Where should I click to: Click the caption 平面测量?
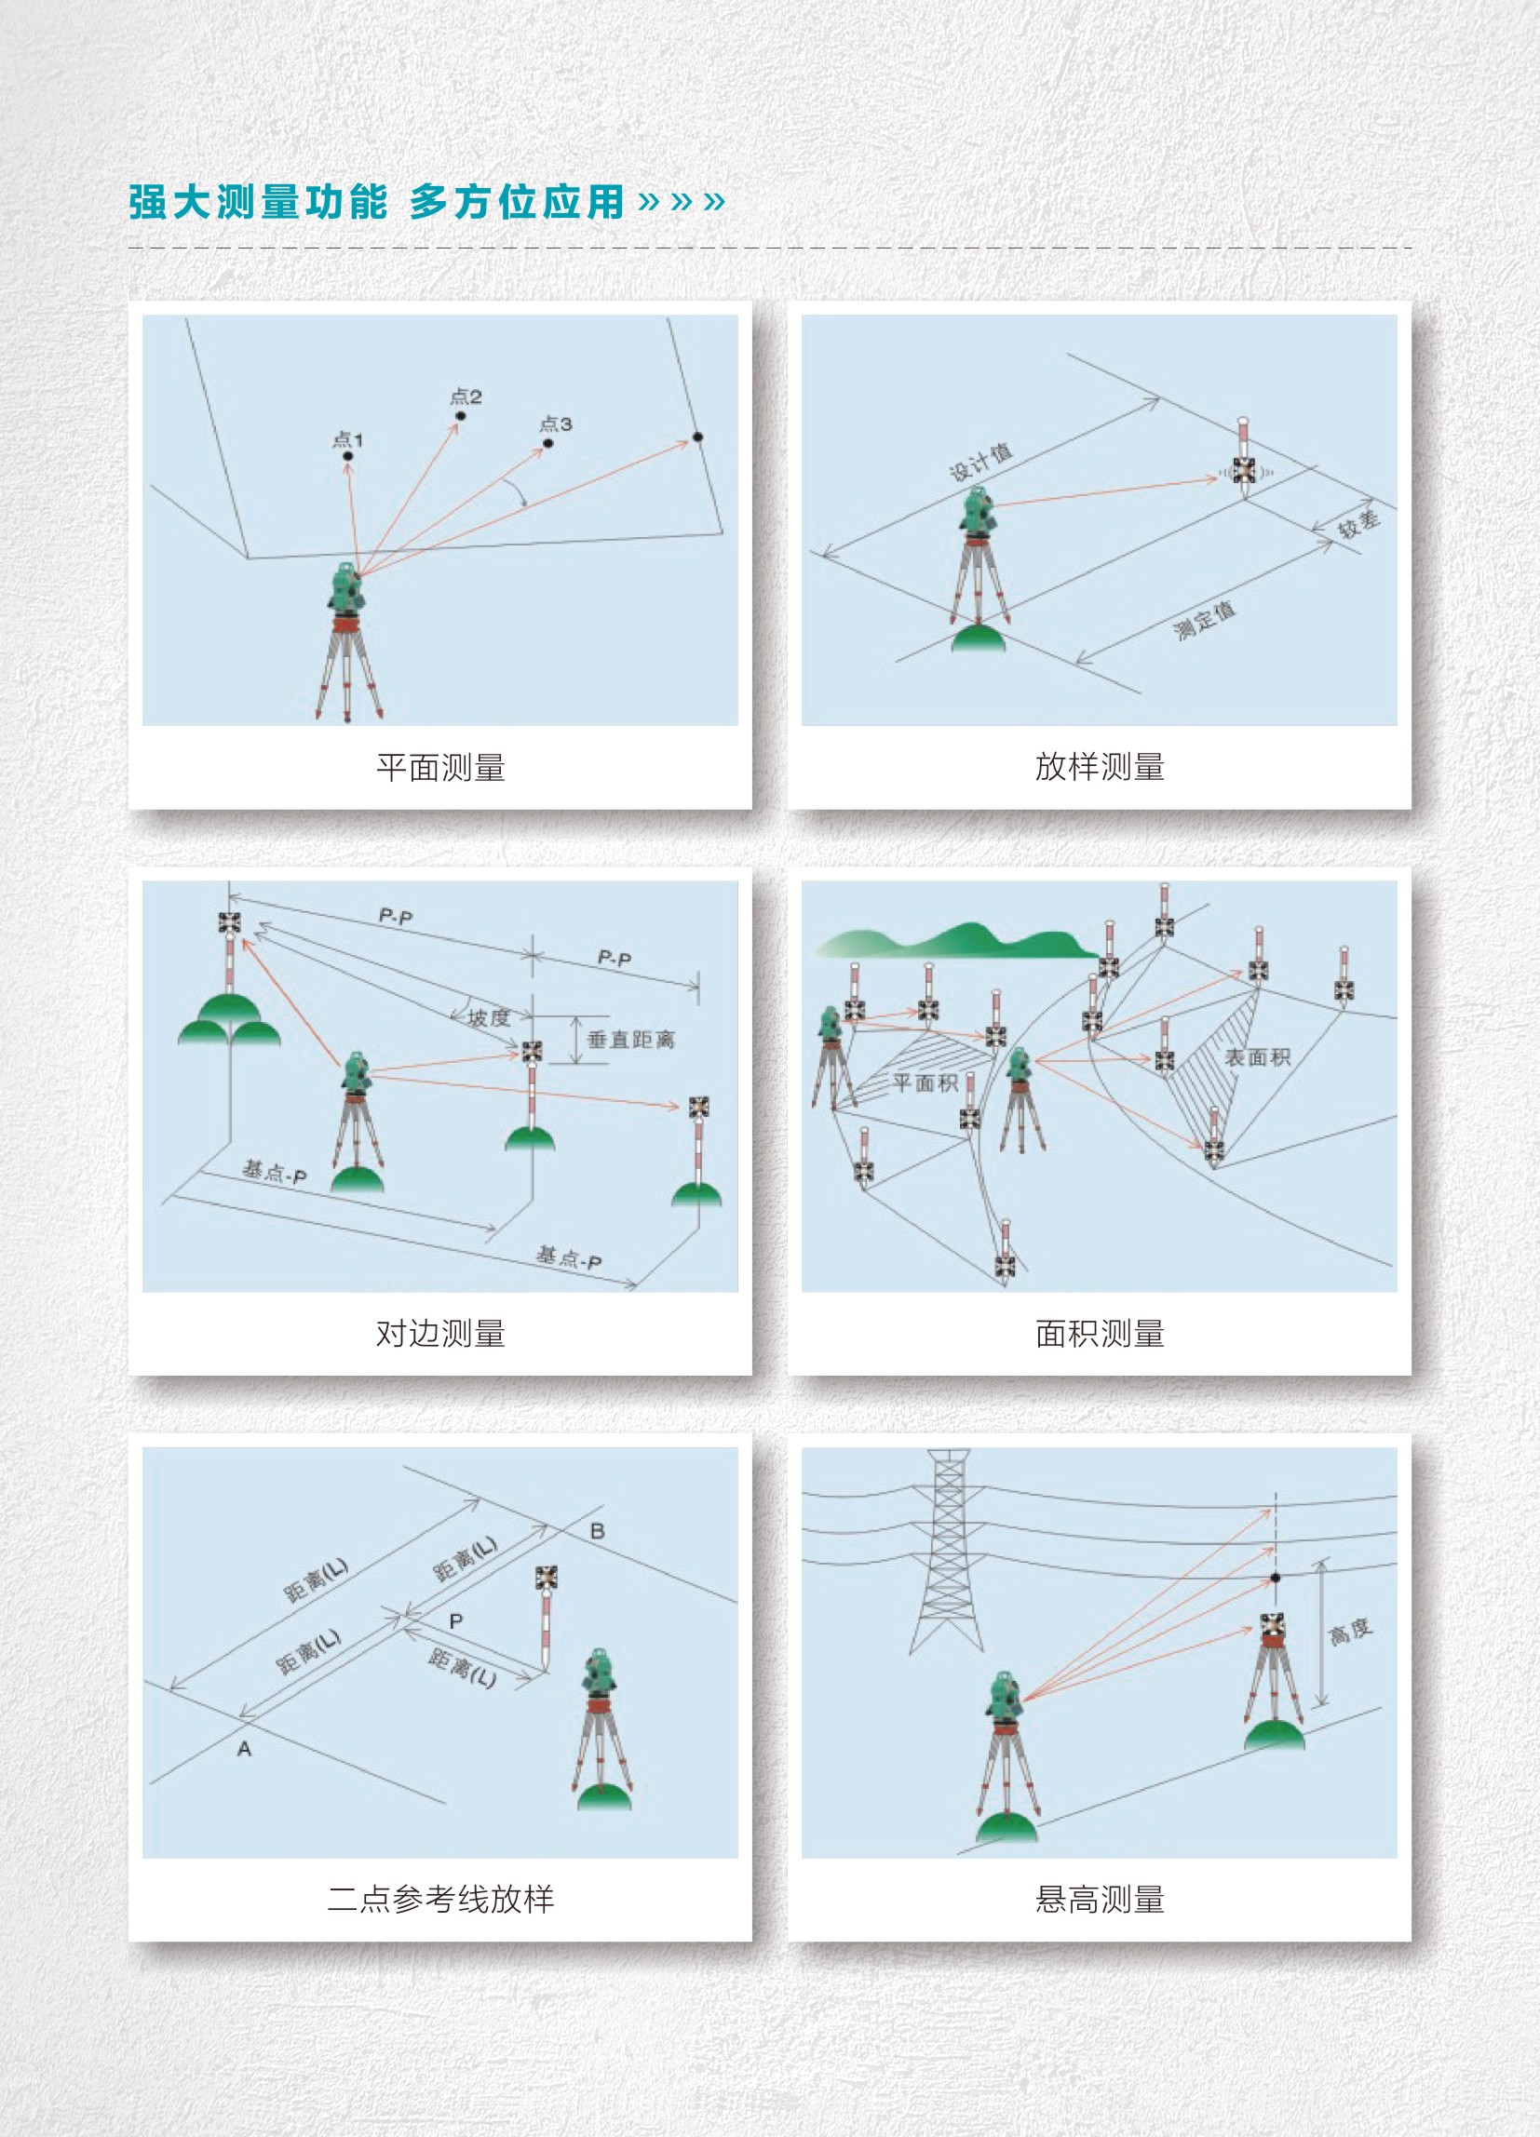(440, 767)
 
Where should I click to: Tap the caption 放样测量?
(1099, 767)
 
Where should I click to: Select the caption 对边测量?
(440, 1333)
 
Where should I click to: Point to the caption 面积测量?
(1099, 1333)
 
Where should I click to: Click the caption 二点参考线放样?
(440, 1899)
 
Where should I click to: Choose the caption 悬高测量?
(1099, 1899)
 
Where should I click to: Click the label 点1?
(347, 439)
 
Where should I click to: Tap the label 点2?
(466, 396)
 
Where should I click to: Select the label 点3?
(555, 424)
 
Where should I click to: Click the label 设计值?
(980, 462)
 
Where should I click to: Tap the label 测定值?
(1204, 620)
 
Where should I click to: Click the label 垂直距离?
(630, 1041)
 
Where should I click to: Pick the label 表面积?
(1256, 1057)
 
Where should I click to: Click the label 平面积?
(925, 1082)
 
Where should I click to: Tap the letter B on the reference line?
(597, 1531)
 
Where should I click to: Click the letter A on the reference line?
(244, 1749)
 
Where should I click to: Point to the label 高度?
(1350, 1631)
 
